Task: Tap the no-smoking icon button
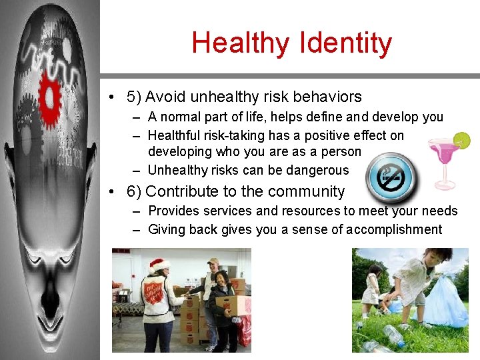point(391,177)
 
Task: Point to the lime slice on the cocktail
point(461,141)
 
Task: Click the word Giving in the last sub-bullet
point(167,229)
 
